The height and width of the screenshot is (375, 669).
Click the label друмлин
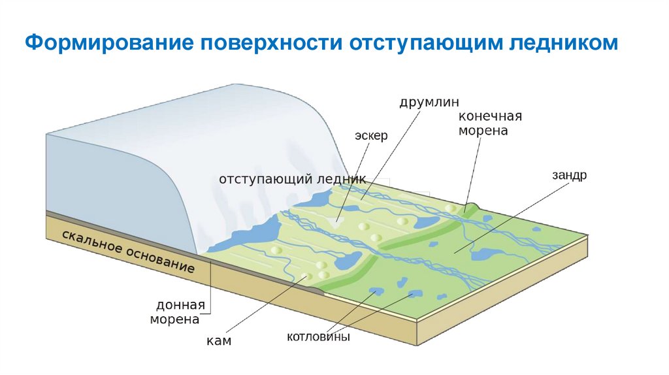click(x=430, y=102)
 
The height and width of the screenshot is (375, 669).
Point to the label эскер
click(x=372, y=136)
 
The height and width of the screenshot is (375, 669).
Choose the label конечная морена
click(x=490, y=123)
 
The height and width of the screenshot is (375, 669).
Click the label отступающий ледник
click(x=292, y=179)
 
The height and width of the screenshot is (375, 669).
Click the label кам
click(x=220, y=340)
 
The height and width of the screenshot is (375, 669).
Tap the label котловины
click(x=318, y=337)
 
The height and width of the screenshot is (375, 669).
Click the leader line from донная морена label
click(x=211, y=287)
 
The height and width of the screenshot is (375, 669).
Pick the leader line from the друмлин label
click(x=392, y=150)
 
